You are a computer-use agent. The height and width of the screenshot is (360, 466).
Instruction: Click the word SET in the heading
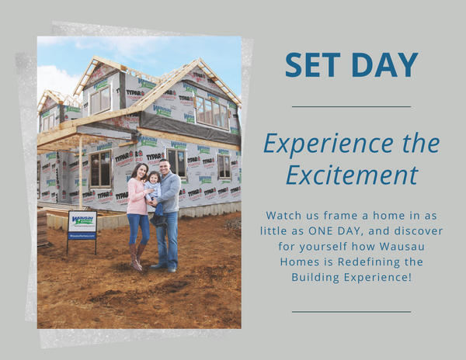(x=313, y=65)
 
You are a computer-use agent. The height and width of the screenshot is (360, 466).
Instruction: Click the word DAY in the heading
(x=385, y=65)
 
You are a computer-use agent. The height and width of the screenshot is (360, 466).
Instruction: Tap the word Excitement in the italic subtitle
(x=352, y=175)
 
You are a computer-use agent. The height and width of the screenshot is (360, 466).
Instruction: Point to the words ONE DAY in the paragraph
(x=336, y=231)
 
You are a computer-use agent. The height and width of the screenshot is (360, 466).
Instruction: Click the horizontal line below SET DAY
(x=351, y=106)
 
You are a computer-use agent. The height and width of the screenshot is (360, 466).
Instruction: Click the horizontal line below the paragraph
(x=351, y=312)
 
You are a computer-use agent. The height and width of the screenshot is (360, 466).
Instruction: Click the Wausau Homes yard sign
(x=82, y=225)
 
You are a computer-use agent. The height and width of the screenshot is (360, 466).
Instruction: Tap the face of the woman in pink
(x=142, y=171)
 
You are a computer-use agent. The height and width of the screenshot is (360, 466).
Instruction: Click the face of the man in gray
(x=164, y=168)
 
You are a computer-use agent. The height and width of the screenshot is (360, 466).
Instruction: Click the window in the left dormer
(x=100, y=100)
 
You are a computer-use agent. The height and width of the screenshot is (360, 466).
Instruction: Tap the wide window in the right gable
(x=212, y=114)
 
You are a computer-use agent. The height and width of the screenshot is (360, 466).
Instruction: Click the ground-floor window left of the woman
(x=100, y=169)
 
